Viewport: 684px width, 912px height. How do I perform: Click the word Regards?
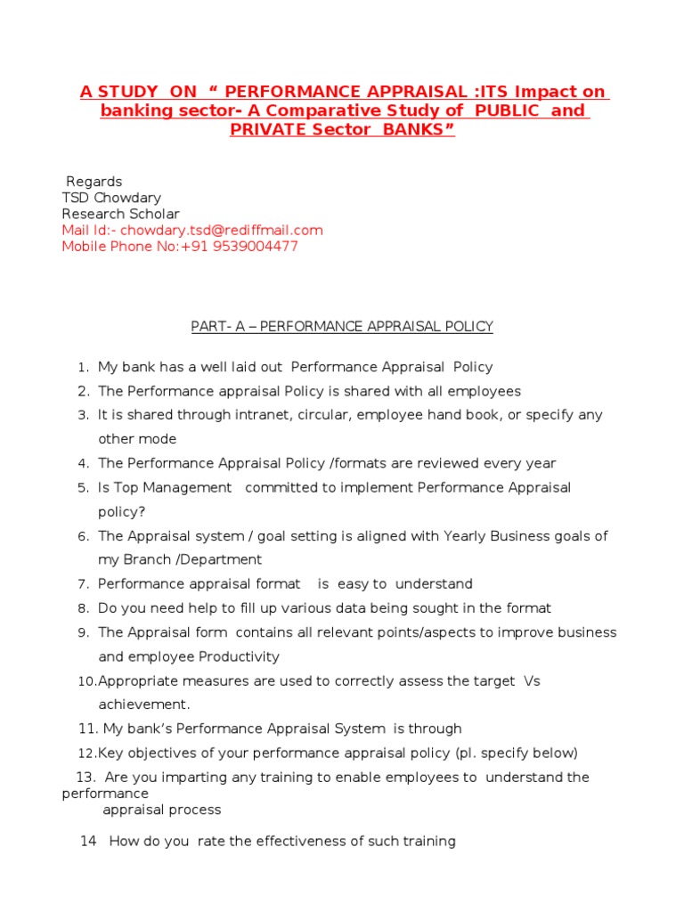[x=94, y=182]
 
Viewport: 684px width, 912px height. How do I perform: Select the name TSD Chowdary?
[x=111, y=198]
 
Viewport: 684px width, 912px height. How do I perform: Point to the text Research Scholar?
[x=120, y=214]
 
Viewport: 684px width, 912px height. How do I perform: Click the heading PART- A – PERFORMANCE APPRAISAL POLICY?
[x=342, y=327]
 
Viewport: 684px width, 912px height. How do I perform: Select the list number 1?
[x=82, y=368]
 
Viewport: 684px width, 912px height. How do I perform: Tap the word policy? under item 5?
[x=121, y=512]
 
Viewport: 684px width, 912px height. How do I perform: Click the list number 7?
[x=82, y=584]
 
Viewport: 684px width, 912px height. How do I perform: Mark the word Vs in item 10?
[x=532, y=681]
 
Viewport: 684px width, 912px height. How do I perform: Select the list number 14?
[x=87, y=842]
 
